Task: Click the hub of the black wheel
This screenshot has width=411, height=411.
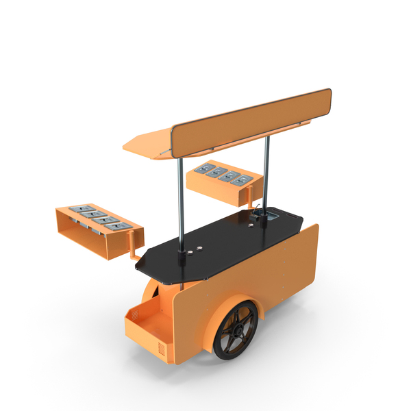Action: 236,332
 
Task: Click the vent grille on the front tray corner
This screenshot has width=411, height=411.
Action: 162,349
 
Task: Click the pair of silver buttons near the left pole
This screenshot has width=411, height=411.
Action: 196,249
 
